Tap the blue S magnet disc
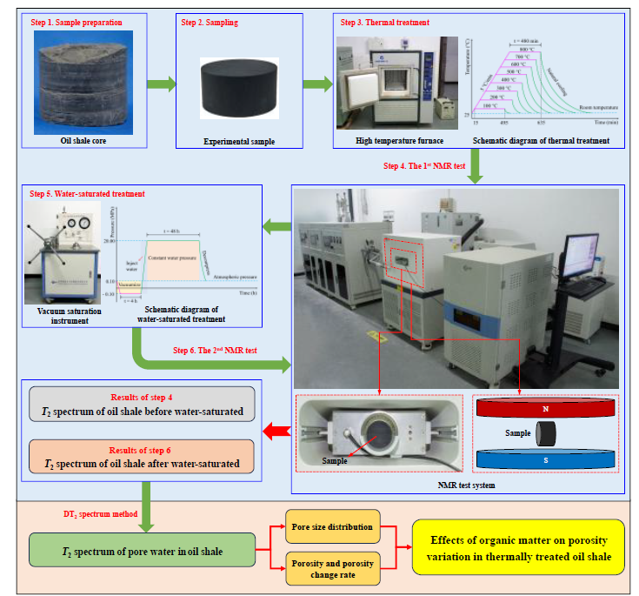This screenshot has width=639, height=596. click(x=545, y=459)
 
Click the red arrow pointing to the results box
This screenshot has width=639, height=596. click(x=276, y=428)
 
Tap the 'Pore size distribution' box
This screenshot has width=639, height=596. click(x=332, y=527)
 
